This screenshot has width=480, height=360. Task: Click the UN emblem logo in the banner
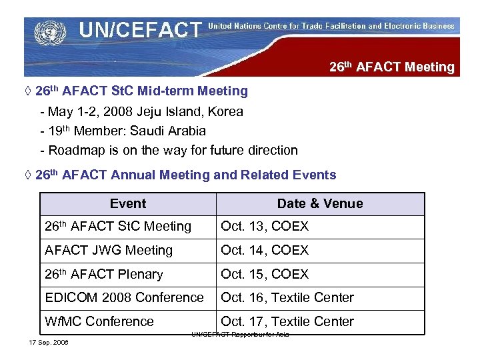point(46,31)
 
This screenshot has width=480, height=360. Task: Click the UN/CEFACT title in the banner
point(139,30)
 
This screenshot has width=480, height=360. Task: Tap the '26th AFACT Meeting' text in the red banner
point(392,67)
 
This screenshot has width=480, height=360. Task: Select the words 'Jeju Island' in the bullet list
point(171,111)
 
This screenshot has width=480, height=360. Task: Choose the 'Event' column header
point(128,204)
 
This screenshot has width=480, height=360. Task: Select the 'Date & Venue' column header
point(320,204)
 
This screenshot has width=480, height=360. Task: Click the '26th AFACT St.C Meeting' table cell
point(118,227)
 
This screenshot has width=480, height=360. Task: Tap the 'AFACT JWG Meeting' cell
point(109,251)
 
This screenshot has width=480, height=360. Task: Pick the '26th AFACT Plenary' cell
point(104,274)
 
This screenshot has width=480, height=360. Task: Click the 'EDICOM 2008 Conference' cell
point(124,297)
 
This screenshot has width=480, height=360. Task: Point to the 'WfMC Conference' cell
point(99,321)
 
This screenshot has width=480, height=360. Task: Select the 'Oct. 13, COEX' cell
point(265,227)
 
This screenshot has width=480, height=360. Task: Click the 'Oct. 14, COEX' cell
point(265,251)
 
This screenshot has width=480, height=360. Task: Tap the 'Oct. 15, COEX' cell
point(265,274)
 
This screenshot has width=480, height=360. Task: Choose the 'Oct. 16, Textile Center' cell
point(287,297)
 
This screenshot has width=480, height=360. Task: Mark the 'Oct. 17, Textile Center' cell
point(287,321)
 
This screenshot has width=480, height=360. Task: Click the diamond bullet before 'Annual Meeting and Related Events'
point(27,175)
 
